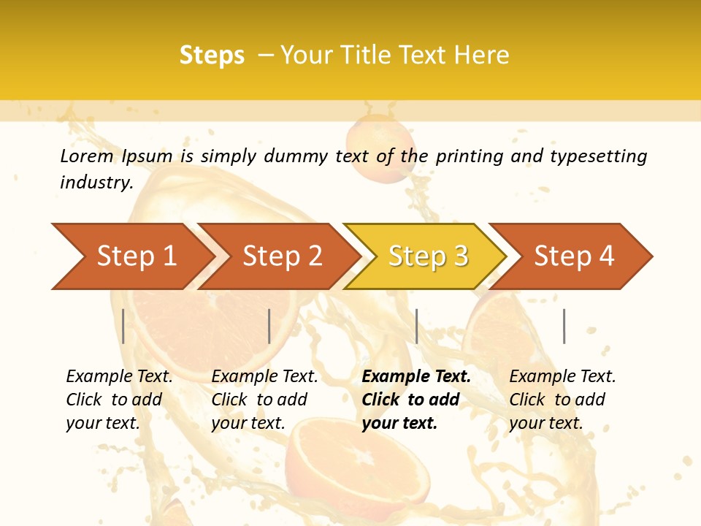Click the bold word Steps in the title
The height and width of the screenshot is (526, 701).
[x=212, y=56]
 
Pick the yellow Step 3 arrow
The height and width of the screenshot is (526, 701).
[x=427, y=256]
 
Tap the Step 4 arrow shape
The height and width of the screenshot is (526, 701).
[x=574, y=256]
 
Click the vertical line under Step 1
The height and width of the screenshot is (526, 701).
[x=123, y=327]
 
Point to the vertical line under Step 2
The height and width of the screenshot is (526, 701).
[x=269, y=327]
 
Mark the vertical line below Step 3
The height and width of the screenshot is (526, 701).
[x=416, y=327]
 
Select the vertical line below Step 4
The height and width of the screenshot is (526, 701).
[x=564, y=327]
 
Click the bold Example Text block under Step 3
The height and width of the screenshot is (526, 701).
[x=415, y=400]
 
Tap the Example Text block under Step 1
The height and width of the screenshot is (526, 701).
[x=119, y=400]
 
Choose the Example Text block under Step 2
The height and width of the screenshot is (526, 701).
[x=264, y=400]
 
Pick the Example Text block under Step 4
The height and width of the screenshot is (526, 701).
[x=562, y=400]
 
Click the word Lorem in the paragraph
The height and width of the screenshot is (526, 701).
[x=86, y=156]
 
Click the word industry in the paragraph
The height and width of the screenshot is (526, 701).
[x=95, y=182]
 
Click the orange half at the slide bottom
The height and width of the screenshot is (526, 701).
[x=343, y=460]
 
